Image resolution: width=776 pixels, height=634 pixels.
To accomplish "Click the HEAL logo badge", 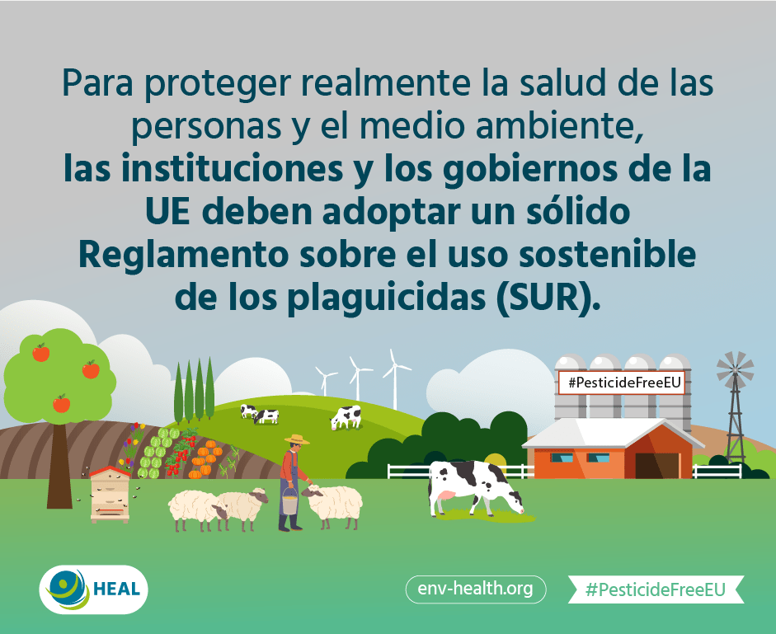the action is [93, 589].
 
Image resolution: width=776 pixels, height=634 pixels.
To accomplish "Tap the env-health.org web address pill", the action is [476, 589].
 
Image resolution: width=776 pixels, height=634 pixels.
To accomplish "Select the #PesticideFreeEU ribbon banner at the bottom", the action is [656, 589].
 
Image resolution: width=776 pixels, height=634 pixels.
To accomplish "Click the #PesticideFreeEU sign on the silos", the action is [622, 383].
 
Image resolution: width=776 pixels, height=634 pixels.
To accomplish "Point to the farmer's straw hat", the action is [297, 439].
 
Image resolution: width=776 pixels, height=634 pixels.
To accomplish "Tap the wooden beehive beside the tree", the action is [110, 494].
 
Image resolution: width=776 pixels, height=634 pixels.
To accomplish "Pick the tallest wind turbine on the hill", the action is [394, 379].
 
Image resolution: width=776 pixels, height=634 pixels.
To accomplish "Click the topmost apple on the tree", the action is [41, 352].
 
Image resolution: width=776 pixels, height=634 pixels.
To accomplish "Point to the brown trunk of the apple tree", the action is [59, 465].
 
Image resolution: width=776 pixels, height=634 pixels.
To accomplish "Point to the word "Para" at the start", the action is [97, 83].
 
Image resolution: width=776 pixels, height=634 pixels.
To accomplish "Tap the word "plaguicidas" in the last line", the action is [387, 299].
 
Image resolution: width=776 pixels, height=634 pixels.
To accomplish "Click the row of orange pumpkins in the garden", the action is [204, 458].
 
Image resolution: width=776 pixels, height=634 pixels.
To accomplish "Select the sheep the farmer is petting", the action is [332, 505].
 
